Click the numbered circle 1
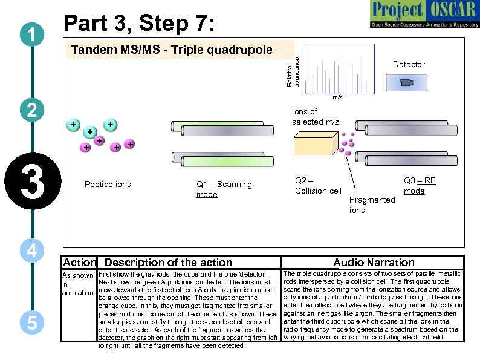click(x=30, y=35)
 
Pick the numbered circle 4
click(x=29, y=250)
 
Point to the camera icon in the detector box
click(x=407, y=82)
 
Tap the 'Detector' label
click(x=409, y=64)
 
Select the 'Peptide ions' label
click(x=108, y=184)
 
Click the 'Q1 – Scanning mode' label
click(x=224, y=189)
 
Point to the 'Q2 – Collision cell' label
click(x=318, y=185)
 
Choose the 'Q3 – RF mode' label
click(x=419, y=185)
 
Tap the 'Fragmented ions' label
click(x=372, y=205)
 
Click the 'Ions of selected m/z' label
click(x=315, y=116)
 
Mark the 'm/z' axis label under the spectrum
click(x=337, y=97)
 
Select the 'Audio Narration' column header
click(x=374, y=262)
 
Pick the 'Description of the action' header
click(x=168, y=262)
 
